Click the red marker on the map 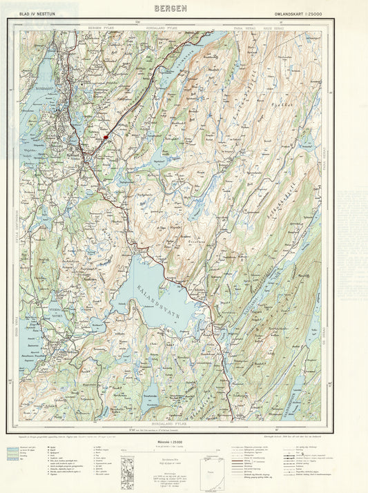coord(106,137)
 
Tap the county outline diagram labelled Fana coord(210,470)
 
